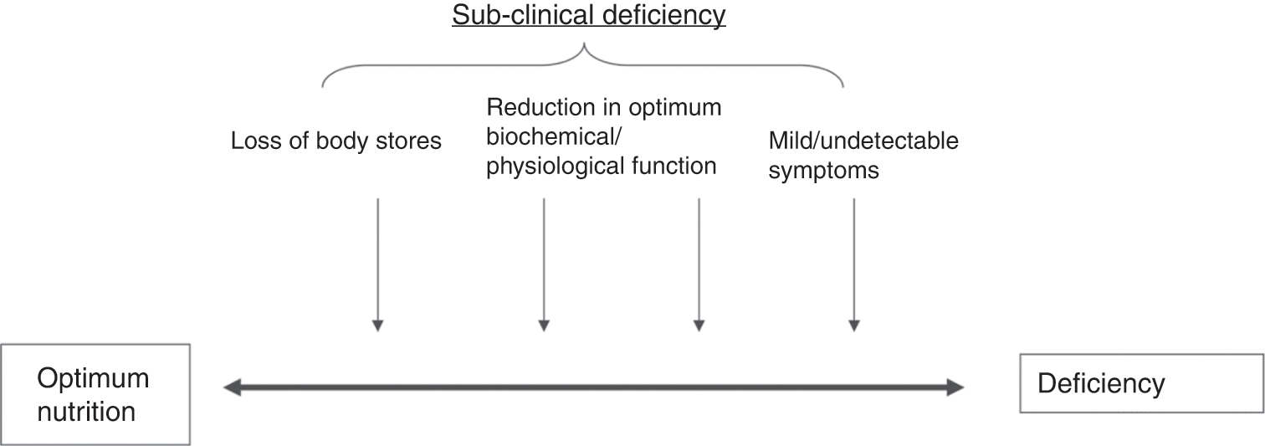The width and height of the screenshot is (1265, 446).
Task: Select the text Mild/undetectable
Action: tap(863, 141)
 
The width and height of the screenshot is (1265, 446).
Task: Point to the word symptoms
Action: tap(824, 170)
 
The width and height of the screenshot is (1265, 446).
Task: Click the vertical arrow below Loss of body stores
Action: tap(377, 264)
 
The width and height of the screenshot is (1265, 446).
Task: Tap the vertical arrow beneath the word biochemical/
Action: tap(544, 264)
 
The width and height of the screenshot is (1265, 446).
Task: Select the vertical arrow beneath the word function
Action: tap(699, 264)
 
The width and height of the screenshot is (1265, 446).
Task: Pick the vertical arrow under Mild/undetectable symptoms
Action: tap(853, 264)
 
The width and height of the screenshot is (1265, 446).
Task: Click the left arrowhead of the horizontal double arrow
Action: tap(232, 387)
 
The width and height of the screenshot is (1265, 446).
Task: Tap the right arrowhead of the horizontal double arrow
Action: tap(956, 387)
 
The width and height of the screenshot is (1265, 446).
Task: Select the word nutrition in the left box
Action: tap(86, 411)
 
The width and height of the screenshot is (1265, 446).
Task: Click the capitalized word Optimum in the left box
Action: tap(93, 378)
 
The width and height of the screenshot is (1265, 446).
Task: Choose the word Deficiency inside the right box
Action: tap(1101, 383)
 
